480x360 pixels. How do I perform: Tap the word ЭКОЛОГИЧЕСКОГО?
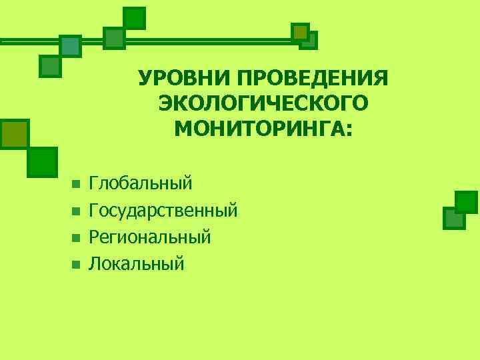(x=263, y=103)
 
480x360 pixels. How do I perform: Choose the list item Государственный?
(x=163, y=211)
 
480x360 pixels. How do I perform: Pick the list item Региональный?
(x=150, y=237)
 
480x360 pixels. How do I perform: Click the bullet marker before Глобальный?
(x=75, y=183)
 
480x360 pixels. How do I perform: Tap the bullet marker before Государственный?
(x=75, y=211)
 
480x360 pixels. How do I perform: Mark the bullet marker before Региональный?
(x=75, y=237)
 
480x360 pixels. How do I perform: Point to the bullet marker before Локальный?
(x=75, y=264)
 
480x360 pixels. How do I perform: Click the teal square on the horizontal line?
(x=70, y=46)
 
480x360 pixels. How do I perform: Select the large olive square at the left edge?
(x=14, y=133)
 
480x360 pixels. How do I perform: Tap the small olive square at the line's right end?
(x=301, y=32)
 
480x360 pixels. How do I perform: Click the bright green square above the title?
(x=135, y=18)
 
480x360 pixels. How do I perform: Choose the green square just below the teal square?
(x=51, y=66)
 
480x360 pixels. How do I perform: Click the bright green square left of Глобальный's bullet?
(x=43, y=161)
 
